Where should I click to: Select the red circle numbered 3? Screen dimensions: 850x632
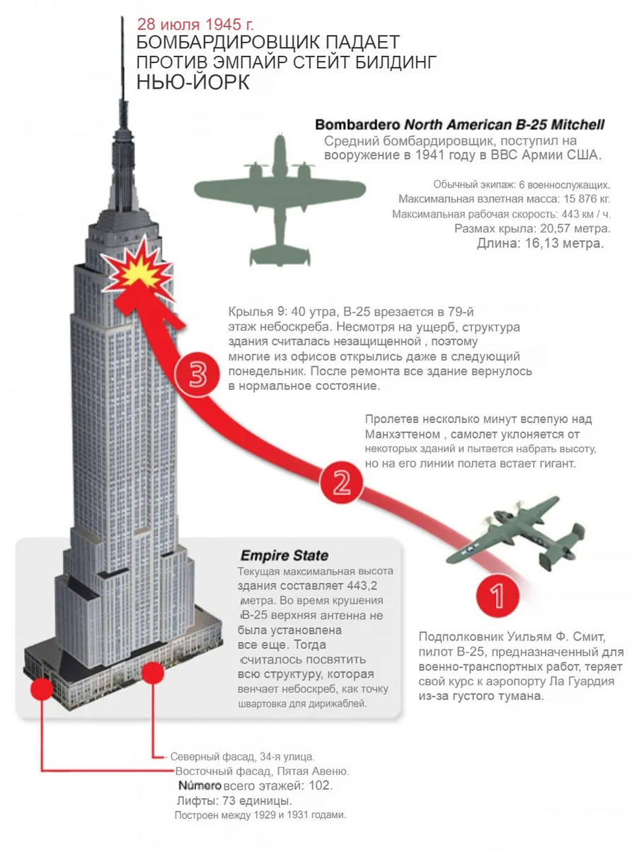pos(198,375)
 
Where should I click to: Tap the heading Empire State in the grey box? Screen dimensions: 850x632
pos(284,555)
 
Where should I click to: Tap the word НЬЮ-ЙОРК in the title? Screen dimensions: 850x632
pos(193,84)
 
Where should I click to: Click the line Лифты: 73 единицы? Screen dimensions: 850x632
pos(233,800)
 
